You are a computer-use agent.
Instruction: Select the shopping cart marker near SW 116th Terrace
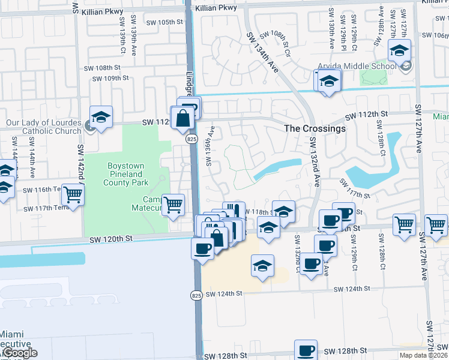click(73, 194)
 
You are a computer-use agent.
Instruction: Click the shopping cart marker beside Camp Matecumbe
click(173, 205)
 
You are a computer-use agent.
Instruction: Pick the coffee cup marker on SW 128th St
click(306, 350)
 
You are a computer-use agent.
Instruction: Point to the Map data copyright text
click(423, 355)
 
